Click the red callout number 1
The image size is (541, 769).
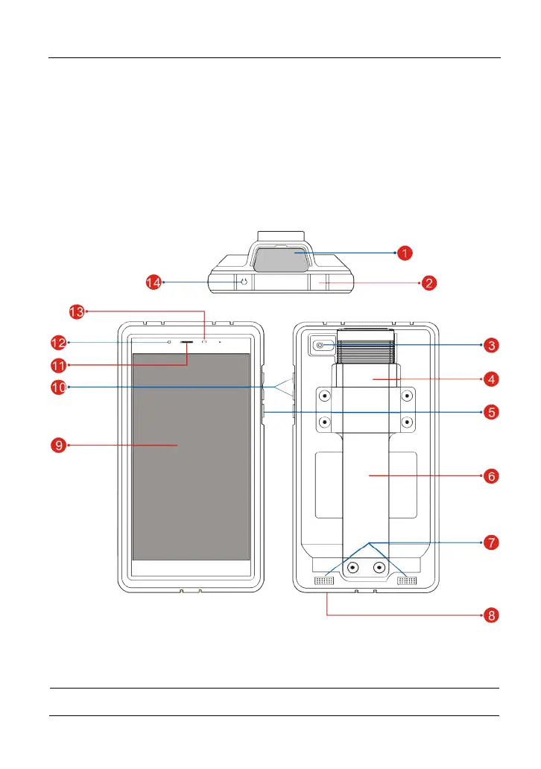(x=405, y=253)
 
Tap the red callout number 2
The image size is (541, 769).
(x=428, y=283)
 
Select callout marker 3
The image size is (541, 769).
(x=489, y=345)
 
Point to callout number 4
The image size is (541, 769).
(x=489, y=379)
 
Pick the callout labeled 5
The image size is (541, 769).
(x=489, y=411)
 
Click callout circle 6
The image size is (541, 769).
(x=489, y=475)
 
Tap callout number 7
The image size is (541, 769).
(x=489, y=542)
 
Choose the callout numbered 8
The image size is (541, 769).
(x=489, y=615)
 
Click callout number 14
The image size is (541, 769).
(x=153, y=282)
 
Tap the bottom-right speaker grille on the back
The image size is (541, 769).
(x=406, y=580)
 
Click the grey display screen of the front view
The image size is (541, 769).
(x=191, y=456)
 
